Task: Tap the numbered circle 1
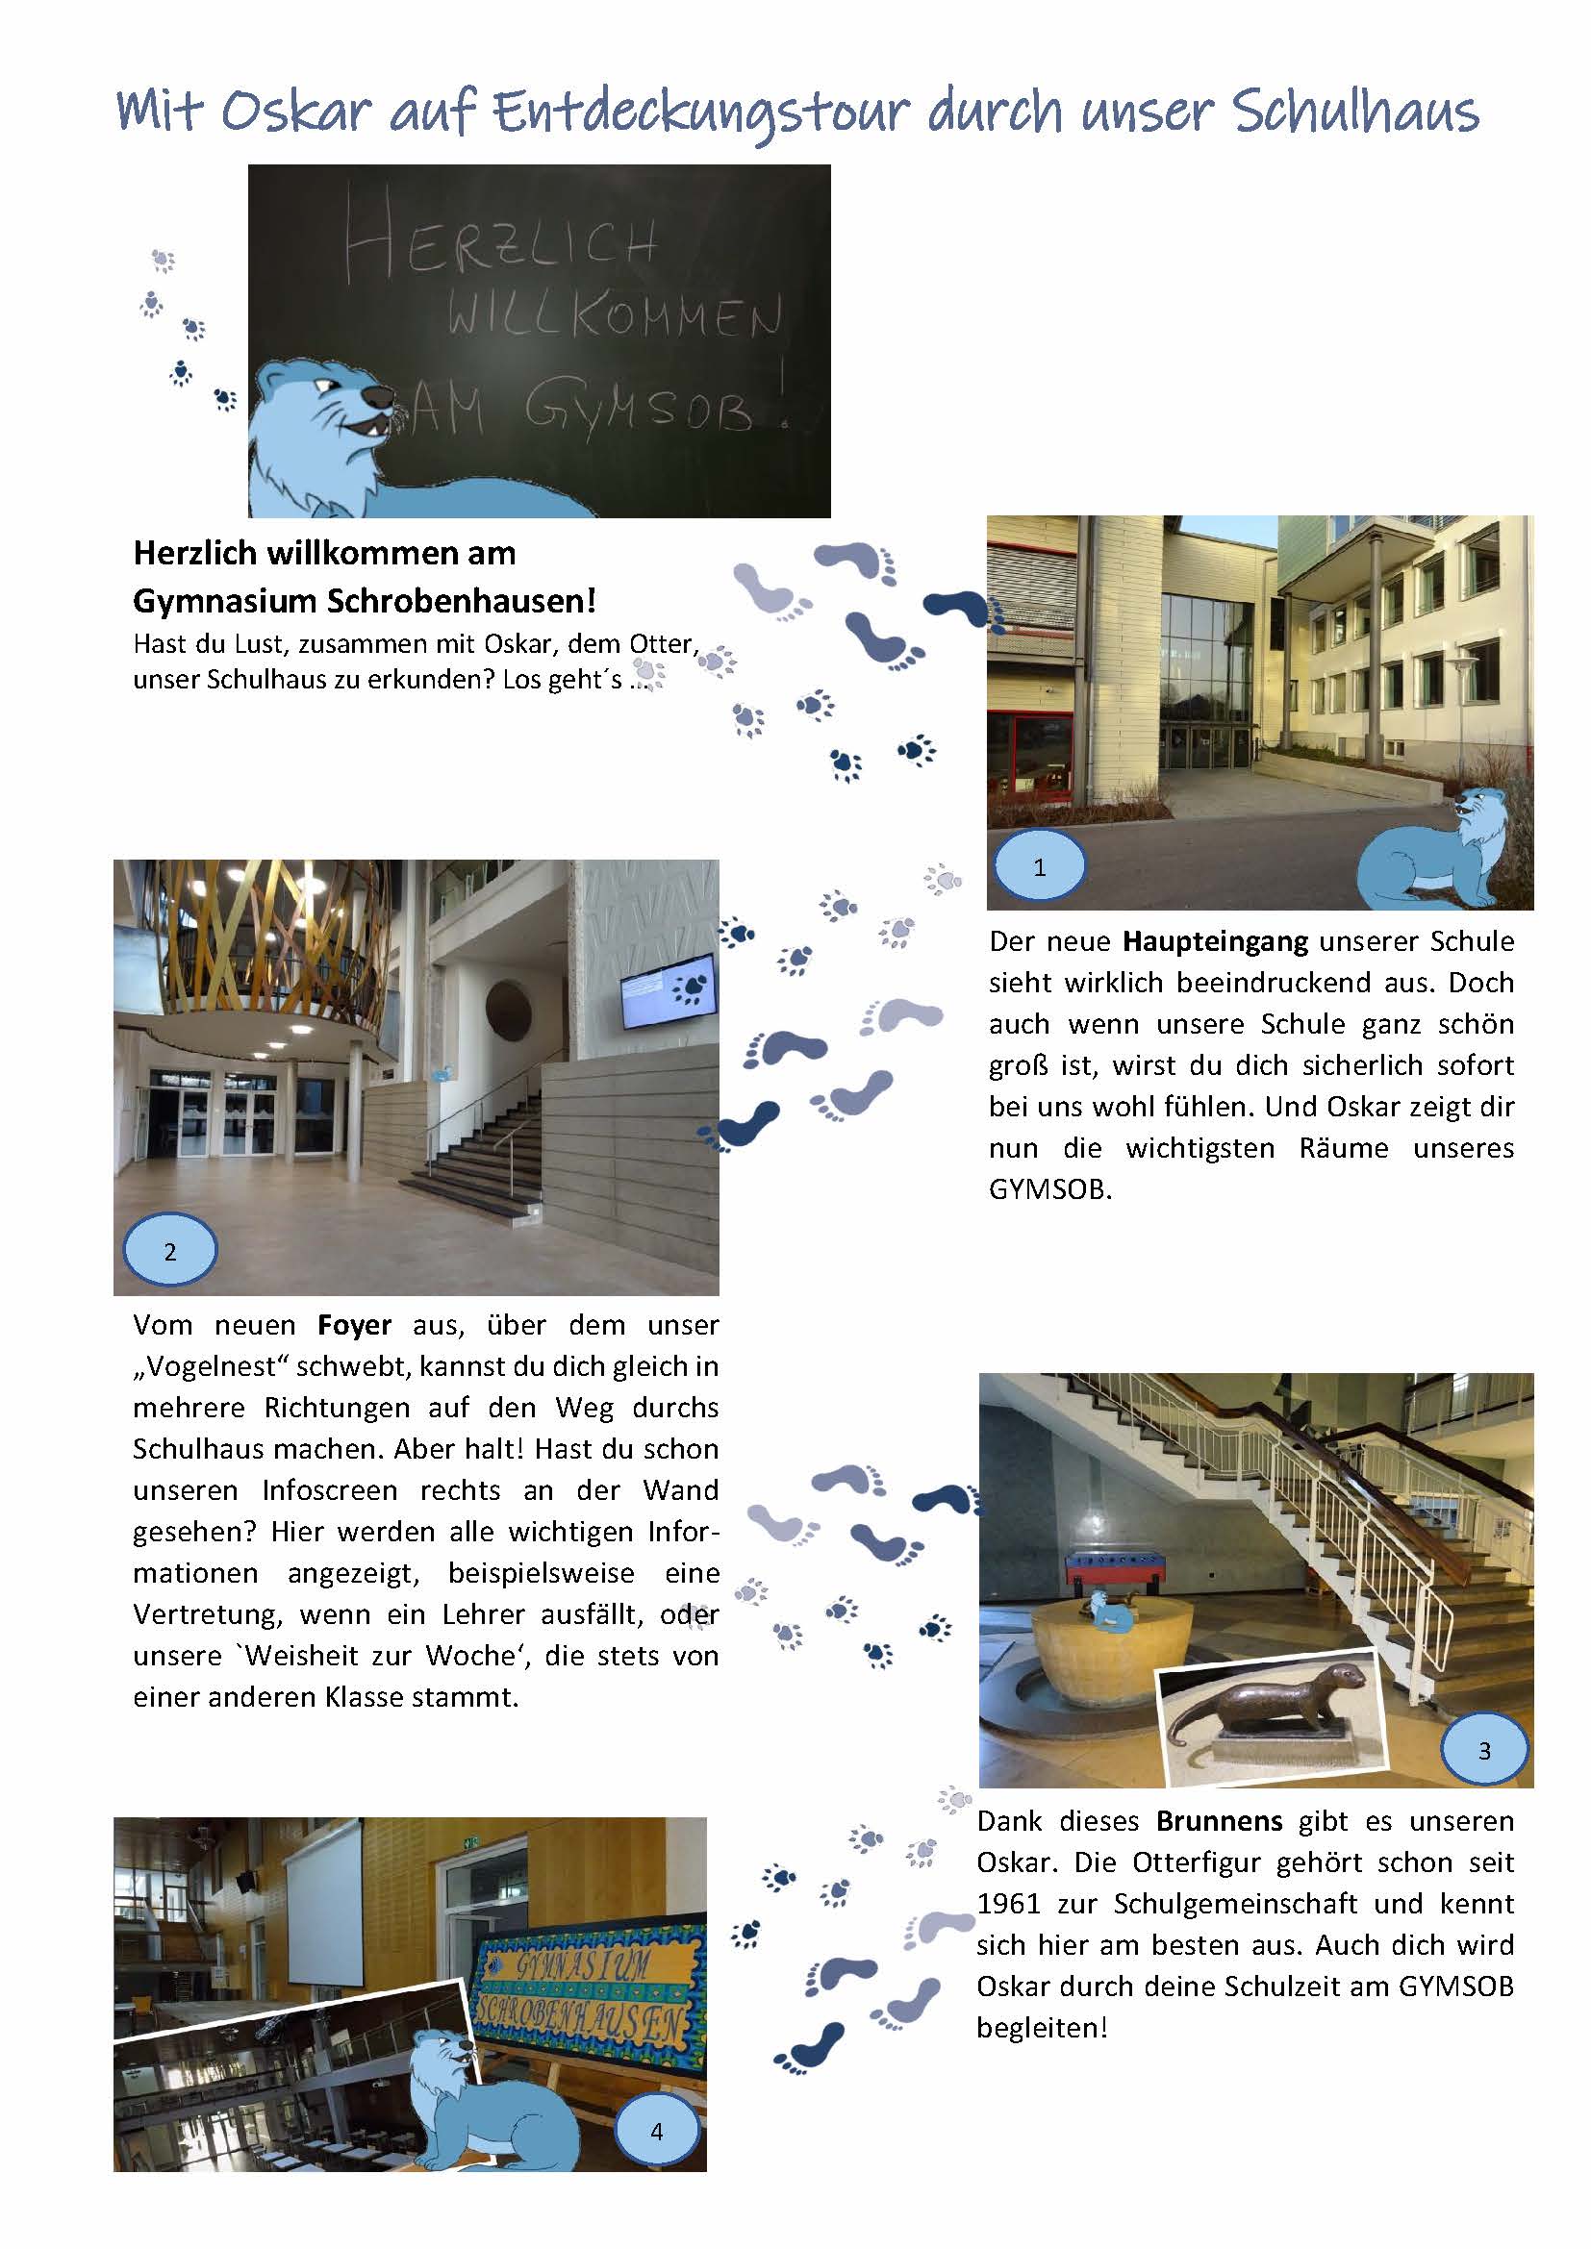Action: coord(1040,865)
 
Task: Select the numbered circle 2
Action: coord(169,1251)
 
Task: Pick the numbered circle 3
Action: coord(1484,1750)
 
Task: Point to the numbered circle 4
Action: coord(656,2132)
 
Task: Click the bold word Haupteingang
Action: coord(1214,941)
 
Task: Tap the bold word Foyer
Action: coord(354,1325)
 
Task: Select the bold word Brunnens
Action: coord(1219,1821)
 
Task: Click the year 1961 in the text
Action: coord(1008,1903)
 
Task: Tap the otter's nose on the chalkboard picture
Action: coord(377,395)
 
